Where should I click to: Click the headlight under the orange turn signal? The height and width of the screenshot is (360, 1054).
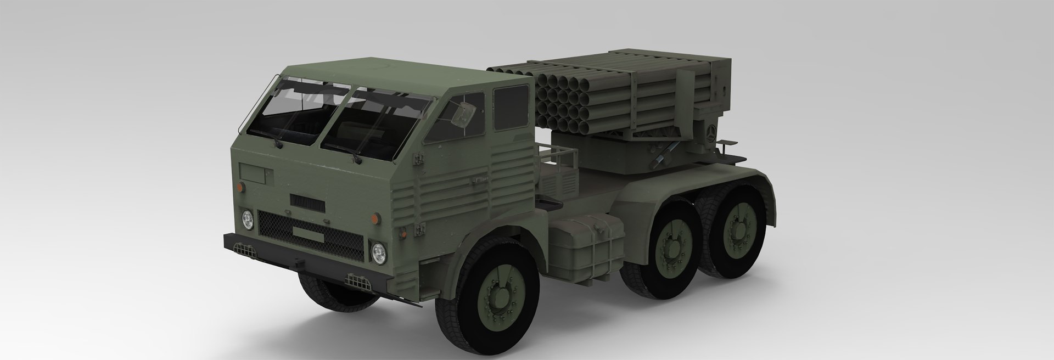point(378,252)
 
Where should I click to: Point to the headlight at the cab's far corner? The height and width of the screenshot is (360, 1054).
point(248,219)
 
